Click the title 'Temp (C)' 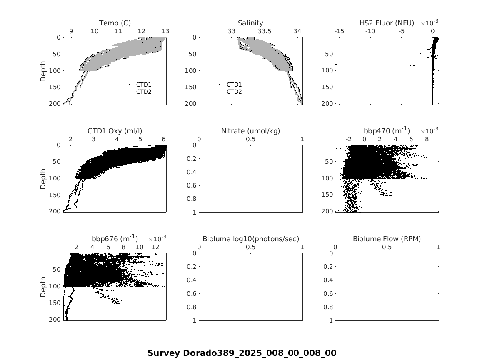tap(115, 23)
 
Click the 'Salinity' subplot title tap(250, 23)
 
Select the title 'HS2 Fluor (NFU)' tap(387, 23)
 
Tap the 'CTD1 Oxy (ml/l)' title tap(115, 131)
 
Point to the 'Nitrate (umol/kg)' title tap(250, 131)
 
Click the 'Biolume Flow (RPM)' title tap(387, 239)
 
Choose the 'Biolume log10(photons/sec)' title tap(250, 239)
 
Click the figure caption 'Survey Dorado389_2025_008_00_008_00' tap(242, 353)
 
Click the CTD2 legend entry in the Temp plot tap(144, 92)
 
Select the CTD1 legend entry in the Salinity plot tap(234, 85)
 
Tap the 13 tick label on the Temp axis tap(165, 31)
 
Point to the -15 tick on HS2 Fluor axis tap(339, 31)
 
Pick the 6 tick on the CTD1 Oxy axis tap(164, 139)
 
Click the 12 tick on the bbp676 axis tap(155, 247)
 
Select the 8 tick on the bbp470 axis tap(427, 139)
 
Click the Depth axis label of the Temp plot tap(43, 71)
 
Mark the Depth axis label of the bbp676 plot tap(43, 287)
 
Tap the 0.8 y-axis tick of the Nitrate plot tap(192, 199)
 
